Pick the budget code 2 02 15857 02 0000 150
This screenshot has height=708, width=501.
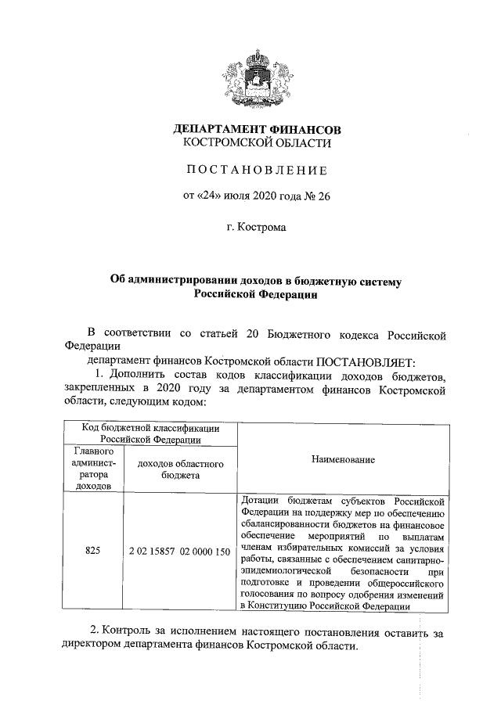click(x=179, y=551)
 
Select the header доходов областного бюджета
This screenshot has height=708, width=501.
click(x=180, y=469)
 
